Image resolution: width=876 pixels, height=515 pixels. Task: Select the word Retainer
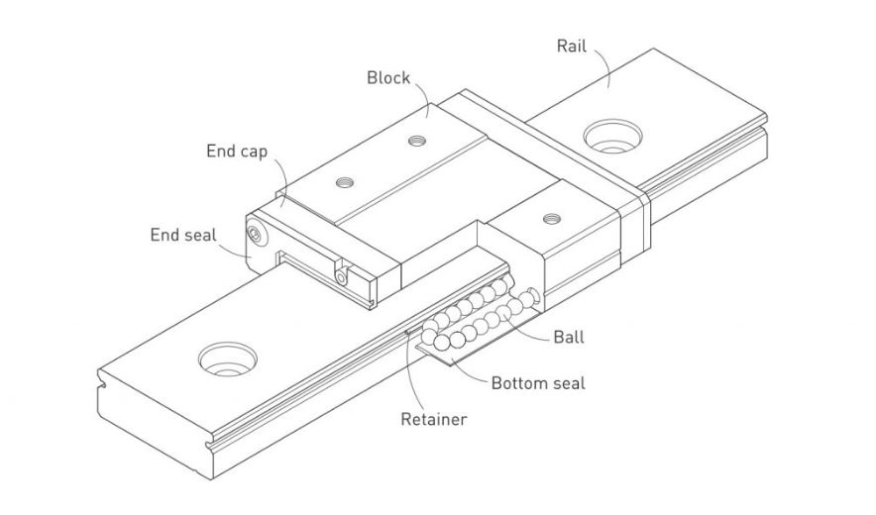pos(433,418)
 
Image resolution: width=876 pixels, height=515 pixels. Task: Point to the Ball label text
pos(569,337)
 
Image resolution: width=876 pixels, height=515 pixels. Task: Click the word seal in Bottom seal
pos(567,382)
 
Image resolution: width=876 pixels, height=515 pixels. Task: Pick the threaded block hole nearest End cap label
pos(345,181)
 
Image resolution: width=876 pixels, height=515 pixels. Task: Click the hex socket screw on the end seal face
pos(257,235)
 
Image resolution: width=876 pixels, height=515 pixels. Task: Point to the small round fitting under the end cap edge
pos(342,279)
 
